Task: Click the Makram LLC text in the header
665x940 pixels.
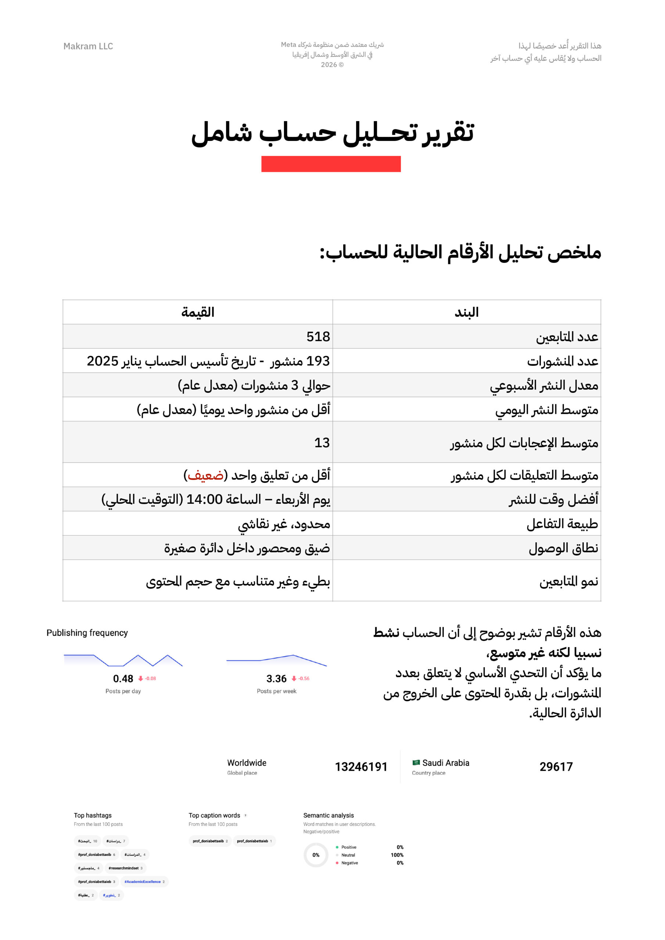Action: click(88, 46)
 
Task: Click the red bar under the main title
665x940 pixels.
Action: click(331, 164)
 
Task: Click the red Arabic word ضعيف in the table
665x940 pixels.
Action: click(206, 475)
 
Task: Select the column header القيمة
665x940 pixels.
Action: click(198, 312)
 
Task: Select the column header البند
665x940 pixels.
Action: click(466, 312)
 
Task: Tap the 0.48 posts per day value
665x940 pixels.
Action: click(123, 679)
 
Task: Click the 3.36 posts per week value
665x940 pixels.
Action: click(276, 679)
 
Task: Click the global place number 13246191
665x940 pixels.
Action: click(361, 767)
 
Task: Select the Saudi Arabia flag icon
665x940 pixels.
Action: click(416, 763)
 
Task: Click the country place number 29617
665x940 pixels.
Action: click(556, 767)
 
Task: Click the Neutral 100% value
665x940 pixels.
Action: click(397, 855)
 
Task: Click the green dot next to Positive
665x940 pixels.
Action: click(337, 847)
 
